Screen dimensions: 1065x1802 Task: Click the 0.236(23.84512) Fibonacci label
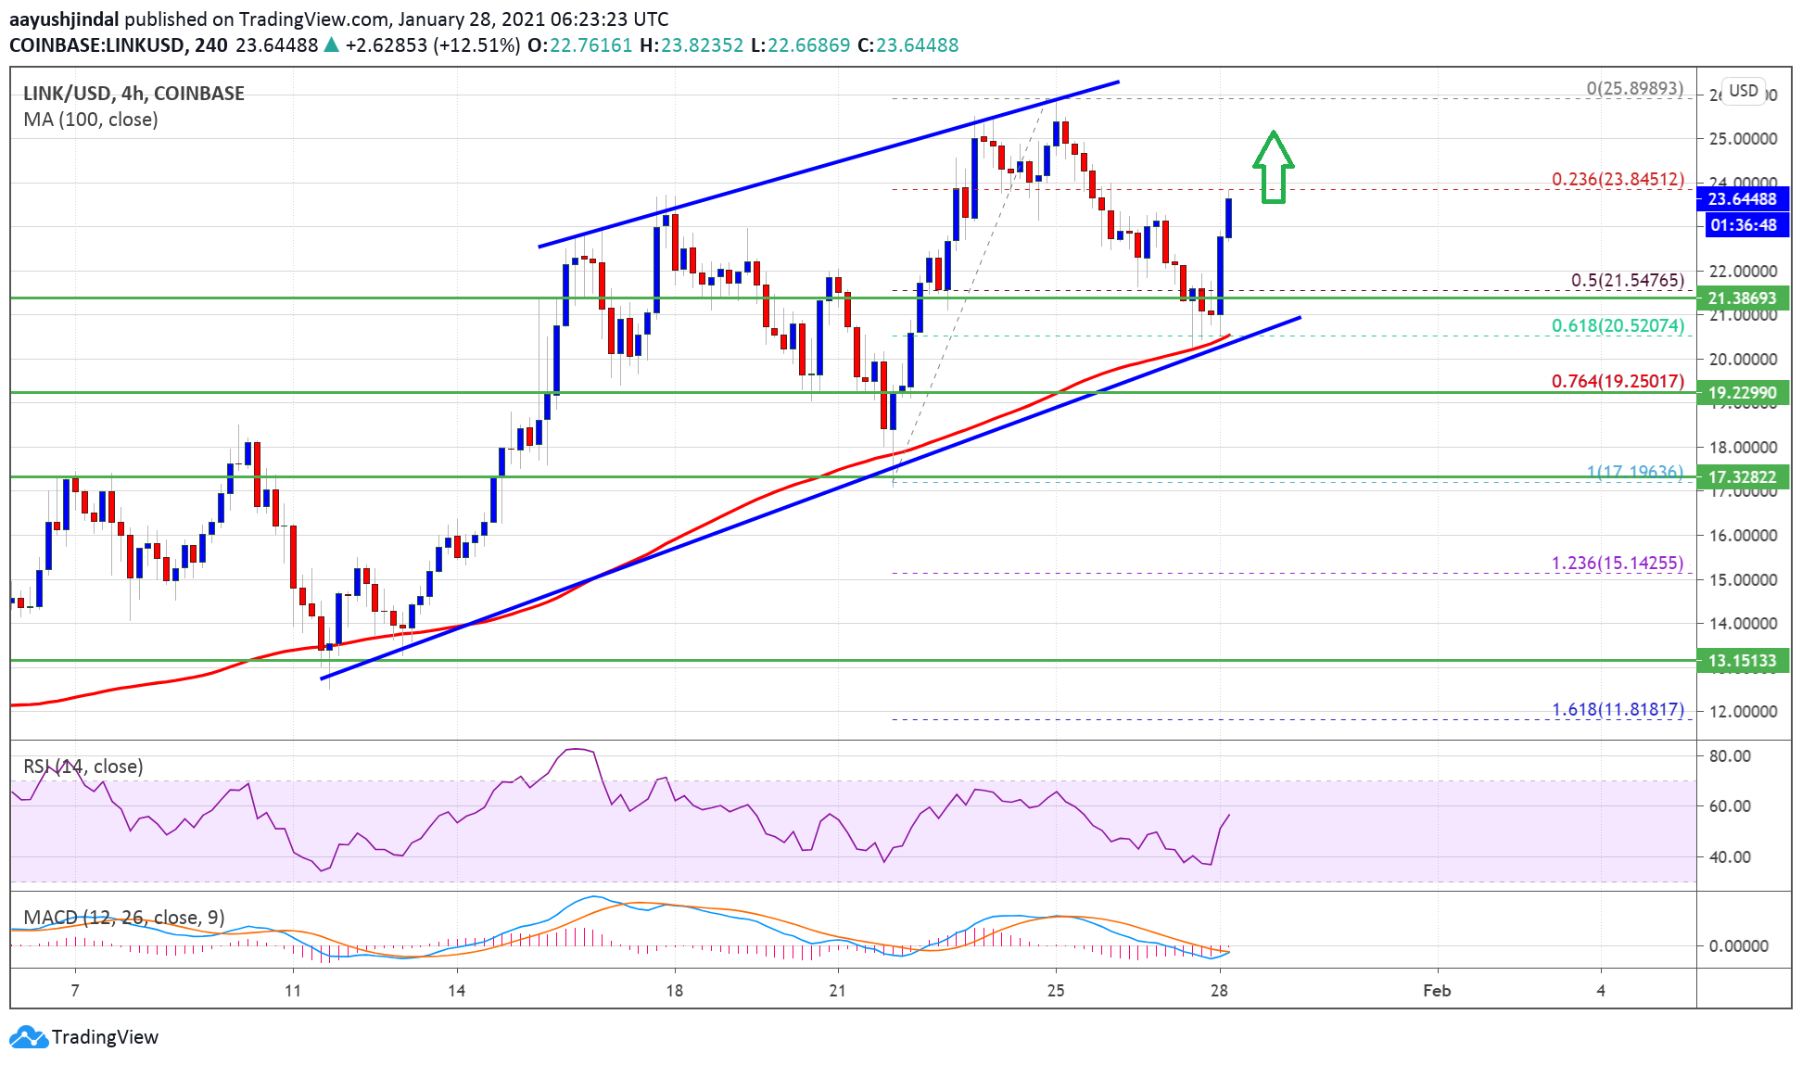[x=1618, y=179]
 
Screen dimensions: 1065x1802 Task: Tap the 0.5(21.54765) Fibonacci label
[x=1627, y=280]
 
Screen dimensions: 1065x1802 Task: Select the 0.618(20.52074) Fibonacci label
[x=1618, y=325]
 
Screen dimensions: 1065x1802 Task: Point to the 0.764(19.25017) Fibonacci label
[x=1618, y=381]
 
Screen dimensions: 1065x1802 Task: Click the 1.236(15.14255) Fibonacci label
[x=1618, y=563]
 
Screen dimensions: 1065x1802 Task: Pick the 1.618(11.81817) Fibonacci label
[x=1618, y=709]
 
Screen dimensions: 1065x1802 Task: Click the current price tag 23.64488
[x=1742, y=199]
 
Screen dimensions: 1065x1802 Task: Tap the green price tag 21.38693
[x=1742, y=298]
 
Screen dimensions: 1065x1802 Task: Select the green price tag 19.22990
[x=1742, y=393]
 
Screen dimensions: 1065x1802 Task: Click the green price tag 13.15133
[x=1742, y=661]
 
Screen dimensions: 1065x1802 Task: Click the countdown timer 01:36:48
[x=1743, y=225]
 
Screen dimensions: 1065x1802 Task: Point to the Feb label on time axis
[x=1436, y=991]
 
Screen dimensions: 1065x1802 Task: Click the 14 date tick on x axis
[x=456, y=991]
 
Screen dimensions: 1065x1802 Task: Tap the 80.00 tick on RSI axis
[x=1730, y=756]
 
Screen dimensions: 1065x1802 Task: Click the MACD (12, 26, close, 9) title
[x=123, y=918]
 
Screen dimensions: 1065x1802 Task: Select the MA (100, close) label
[x=90, y=120]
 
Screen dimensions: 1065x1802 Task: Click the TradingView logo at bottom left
[x=84, y=1037]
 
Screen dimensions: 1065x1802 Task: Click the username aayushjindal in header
[x=64, y=19]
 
